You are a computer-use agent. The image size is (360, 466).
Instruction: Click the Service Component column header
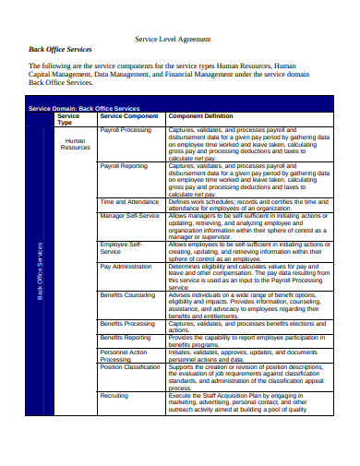tap(129, 116)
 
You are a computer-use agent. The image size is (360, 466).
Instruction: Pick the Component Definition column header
tap(200, 116)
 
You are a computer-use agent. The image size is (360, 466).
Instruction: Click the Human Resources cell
tap(75, 144)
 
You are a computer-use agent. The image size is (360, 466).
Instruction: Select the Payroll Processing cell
tap(126, 130)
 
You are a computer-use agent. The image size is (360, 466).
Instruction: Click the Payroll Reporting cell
tap(124, 166)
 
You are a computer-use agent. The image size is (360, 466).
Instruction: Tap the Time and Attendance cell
tap(129, 201)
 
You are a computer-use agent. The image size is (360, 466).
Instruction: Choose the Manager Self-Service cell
tap(130, 215)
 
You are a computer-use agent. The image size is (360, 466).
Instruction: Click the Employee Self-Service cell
tap(121, 247)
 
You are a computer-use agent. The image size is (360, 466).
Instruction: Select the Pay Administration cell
tap(126, 266)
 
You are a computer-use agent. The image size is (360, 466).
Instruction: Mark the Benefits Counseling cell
tap(127, 294)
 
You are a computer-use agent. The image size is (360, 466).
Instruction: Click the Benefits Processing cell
tap(127, 324)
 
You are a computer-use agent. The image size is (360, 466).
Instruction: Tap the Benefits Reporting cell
tap(126, 338)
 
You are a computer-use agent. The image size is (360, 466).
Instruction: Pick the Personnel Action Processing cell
tap(124, 355)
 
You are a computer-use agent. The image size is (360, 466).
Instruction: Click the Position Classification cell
tap(130, 366)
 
